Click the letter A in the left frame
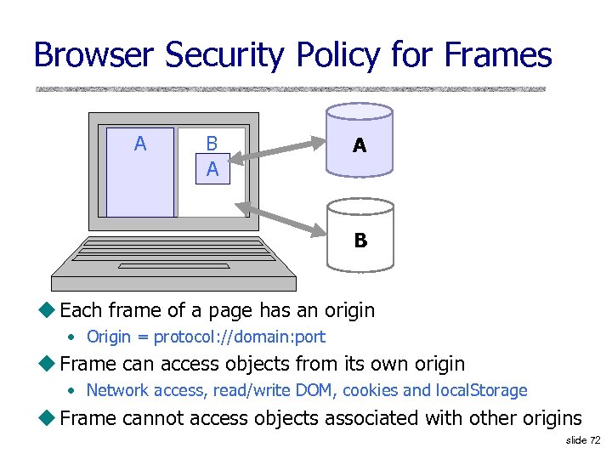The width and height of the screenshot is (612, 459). (140, 144)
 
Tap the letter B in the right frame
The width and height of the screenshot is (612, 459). (212, 144)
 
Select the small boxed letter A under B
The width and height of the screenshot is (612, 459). (212, 169)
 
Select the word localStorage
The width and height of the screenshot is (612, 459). (482, 391)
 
